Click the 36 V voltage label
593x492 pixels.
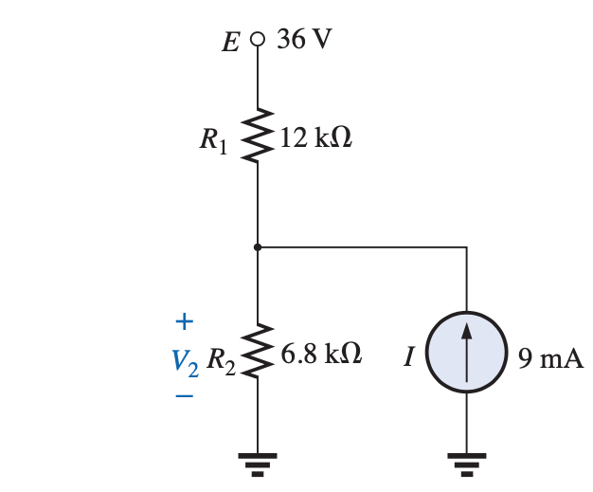[x=304, y=41]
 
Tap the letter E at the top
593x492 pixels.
[x=230, y=43]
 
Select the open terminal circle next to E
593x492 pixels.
[x=257, y=41]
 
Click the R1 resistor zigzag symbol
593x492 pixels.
[x=257, y=137]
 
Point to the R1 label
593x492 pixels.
[x=214, y=141]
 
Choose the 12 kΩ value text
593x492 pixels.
[x=316, y=138]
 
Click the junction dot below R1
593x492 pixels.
[x=257, y=247]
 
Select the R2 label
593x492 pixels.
[x=219, y=359]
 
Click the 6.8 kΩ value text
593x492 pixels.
[x=322, y=355]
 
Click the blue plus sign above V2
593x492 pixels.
[x=185, y=322]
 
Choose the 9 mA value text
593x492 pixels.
[x=550, y=358]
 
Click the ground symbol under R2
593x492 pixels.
[x=257, y=464]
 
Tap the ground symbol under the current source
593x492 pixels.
[x=466, y=464]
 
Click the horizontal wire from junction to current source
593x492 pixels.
[x=365, y=247]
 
